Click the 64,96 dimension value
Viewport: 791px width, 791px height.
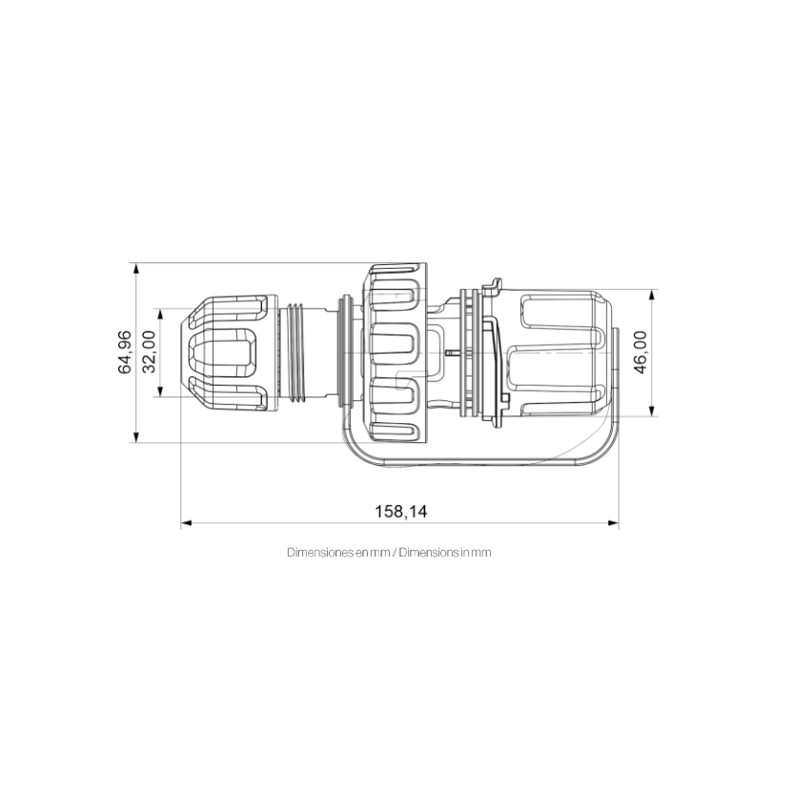coord(125,352)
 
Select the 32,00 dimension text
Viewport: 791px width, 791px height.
coord(150,352)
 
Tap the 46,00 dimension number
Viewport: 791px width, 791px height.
coord(640,352)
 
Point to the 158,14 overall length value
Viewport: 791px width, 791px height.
coord(400,512)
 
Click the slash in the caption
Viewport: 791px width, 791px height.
coord(395,553)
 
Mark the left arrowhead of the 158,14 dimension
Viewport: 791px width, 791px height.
coord(186,523)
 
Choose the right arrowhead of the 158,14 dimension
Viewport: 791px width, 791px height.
coord(613,523)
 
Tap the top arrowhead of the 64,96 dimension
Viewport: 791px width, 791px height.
coord(135,269)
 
